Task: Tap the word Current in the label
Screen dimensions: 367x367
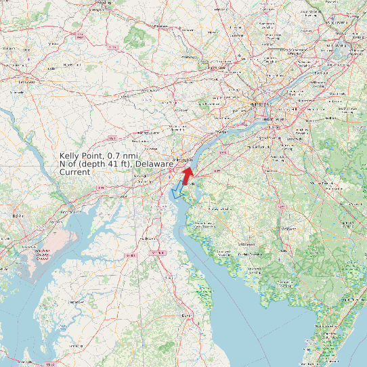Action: coord(74,172)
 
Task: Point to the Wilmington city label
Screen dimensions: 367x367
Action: coord(183,159)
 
